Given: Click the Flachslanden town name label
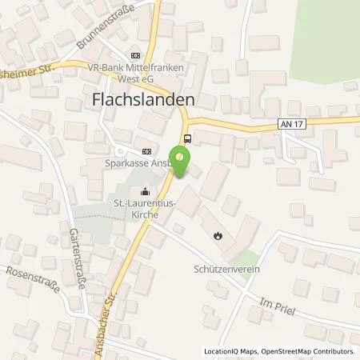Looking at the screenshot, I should pos(140,101).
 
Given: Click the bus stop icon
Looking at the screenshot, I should pos(187,138).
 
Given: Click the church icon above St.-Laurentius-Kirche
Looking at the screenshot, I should pos(145,190).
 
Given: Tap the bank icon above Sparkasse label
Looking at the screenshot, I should pos(146,150).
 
